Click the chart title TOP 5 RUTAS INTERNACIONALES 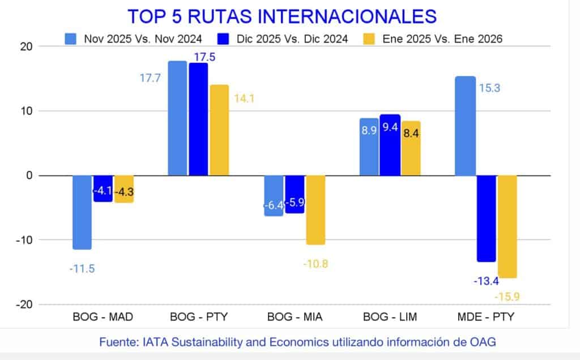pos(282,15)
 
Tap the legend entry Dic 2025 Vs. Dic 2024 pos(291,38)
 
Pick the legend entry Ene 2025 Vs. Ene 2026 pos(442,38)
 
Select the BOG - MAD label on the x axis pos(103,317)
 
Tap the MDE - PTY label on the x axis pos(485,317)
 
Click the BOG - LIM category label pos(390,317)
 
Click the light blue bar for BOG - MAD pos(82,212)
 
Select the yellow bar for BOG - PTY pos(219,130)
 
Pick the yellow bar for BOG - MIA pos(315,210)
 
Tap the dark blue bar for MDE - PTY pos(486,218)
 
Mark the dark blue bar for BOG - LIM pos(390,145)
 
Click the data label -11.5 pos(82,269)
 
